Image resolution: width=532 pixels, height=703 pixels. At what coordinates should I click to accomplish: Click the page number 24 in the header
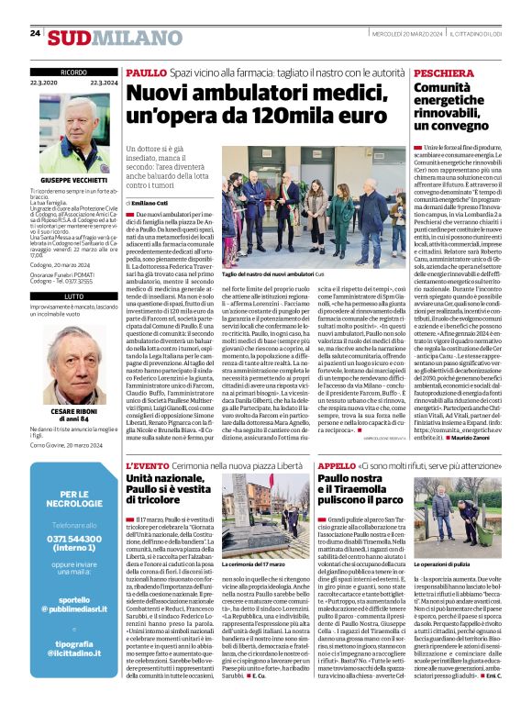35,34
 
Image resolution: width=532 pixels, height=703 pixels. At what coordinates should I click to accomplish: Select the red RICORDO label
73,72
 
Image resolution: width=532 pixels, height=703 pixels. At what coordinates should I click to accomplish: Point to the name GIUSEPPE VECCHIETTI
74,180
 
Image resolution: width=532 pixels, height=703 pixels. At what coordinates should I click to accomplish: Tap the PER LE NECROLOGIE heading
74,500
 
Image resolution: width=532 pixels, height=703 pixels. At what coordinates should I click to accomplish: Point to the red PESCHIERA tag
445,72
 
